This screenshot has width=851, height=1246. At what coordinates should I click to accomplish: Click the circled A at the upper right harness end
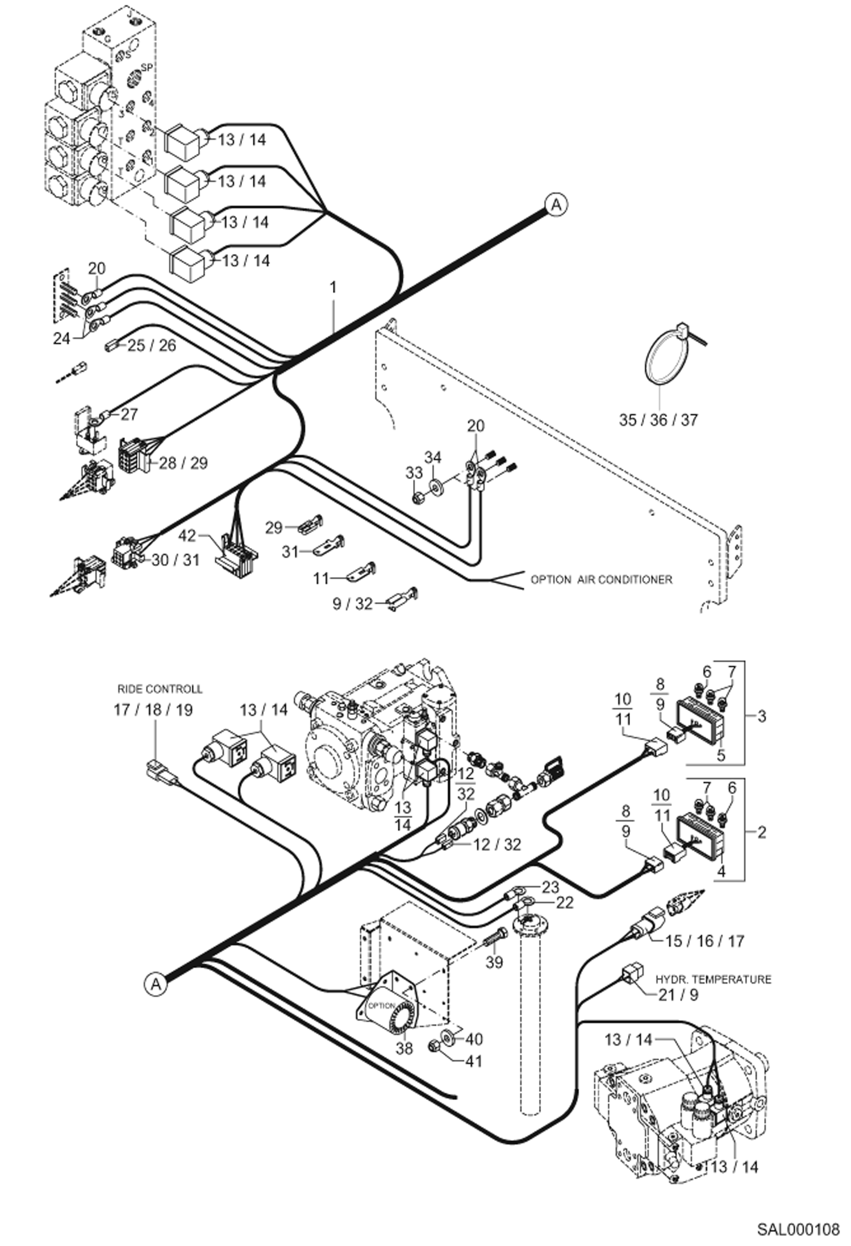[556, 204]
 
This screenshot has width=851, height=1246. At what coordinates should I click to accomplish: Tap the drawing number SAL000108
[798, 1230]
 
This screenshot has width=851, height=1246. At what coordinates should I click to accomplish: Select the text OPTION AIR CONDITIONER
[601, 580]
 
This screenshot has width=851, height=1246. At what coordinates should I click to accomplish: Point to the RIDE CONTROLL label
[160, 689]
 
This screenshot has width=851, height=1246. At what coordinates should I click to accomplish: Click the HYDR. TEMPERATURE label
[714, 980]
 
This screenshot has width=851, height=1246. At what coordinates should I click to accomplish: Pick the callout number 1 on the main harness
[333, 288]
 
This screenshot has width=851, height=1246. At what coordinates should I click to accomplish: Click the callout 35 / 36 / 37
[658, 420]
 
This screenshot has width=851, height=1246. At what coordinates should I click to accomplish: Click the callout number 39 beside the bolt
[494, 963]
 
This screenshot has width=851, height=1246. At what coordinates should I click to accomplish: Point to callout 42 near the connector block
[187, 536]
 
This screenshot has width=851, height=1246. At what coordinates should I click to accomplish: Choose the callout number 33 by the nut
[414, 473]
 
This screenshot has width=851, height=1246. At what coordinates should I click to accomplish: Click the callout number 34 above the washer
[433, 457]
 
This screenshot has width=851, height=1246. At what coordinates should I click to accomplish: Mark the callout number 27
[129, 415]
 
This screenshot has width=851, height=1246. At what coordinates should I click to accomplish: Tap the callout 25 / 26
[152, 345]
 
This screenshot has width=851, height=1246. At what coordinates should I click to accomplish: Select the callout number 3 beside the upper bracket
[762, 716]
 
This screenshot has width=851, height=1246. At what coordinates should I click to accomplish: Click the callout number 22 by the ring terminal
[565, 902]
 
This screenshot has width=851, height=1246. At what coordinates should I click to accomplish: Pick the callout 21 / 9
[678, 994]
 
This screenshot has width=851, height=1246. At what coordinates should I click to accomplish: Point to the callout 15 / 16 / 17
[704, 941]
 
